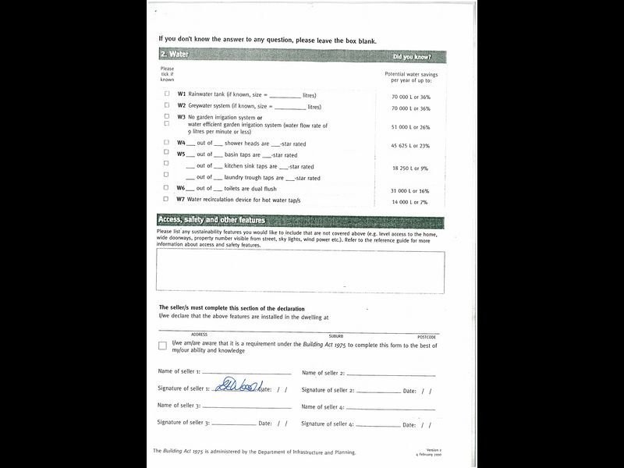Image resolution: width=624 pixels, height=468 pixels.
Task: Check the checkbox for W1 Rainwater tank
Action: (x=166, y=94)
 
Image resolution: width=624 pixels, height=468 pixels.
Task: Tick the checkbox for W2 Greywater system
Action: (x=166, y=105)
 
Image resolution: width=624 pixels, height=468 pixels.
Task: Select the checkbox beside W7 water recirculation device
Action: (x=166, y=200)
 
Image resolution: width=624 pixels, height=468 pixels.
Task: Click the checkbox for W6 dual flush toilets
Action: (x=166, y=188)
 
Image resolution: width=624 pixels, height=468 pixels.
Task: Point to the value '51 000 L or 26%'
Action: (x=410, y=126)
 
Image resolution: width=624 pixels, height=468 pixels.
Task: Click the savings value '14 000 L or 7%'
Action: (x=410, y=201)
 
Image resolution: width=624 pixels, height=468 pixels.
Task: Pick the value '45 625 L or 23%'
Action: (x=410, y=146)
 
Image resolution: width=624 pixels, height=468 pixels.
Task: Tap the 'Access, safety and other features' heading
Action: (x=211, y=220)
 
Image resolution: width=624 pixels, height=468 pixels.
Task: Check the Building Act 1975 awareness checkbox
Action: (x=162, y=346)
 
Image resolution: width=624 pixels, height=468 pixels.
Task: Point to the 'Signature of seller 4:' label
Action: (x=328, y=424)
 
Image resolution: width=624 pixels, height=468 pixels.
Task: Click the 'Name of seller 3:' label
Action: (x=179, y=406)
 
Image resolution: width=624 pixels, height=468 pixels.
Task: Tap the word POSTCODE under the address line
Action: (x=426, y=336)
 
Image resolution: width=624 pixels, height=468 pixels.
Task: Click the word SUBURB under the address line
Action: (x=335, y=336)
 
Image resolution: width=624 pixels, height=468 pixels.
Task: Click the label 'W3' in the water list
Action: (x=181, y=117)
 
